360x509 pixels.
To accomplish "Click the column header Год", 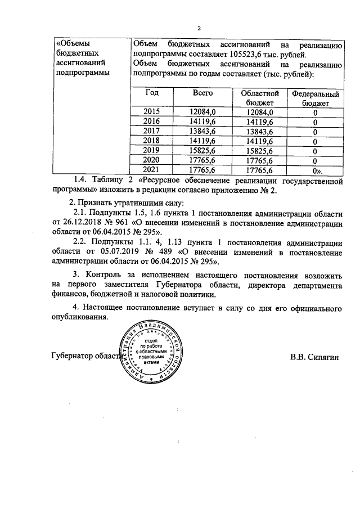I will pyautogui.click(x=152, y=93).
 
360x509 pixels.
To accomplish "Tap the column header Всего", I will pyautogui.click(x=202, y=93).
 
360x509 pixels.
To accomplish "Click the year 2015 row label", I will pyautogui.click(x=152, y=112).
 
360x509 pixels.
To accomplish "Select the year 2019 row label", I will pyautogui.click(x=152, y=151).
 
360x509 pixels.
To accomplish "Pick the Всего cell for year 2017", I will pyautogui.click(x=203, y=131).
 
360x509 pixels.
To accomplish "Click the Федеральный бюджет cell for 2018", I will pyautogui.click(x=315, y=141).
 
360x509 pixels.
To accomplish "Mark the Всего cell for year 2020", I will pyautogui.click(x=203, y=160).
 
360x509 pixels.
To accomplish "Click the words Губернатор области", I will pyautogui.click(x=84, y=356).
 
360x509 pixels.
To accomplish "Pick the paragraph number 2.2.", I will pyautogui.click(x=82, y=242).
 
